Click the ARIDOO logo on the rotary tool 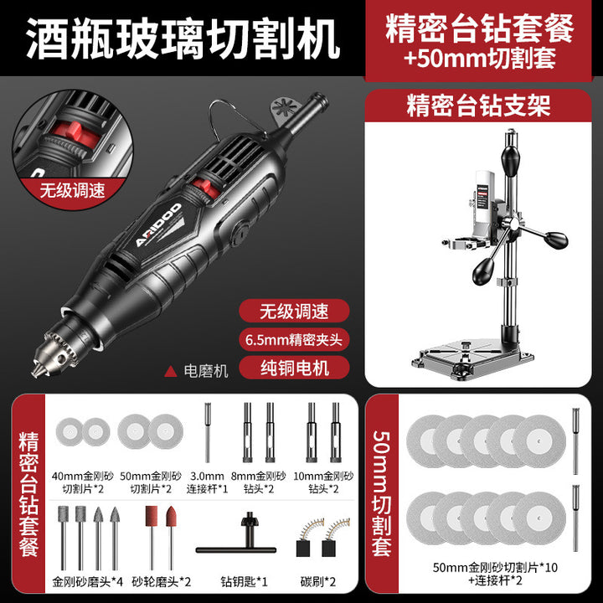pos(158,225)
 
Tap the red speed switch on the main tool pos(206,188)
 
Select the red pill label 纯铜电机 pos(294,368)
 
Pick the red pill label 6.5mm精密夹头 pos(294,339)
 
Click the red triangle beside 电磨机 pos(171,372)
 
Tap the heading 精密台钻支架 pos(478,106)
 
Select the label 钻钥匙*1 pos(244,581)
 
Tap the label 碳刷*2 pos(317,581)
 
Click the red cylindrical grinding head pos(151,515)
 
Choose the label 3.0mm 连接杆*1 pos(207,482)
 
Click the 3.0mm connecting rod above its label pos(208,432)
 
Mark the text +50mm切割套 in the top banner pos(480,59)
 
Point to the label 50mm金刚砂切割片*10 pos(495,568)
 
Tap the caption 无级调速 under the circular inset pos(72,190)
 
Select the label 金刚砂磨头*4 pos(88,581)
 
